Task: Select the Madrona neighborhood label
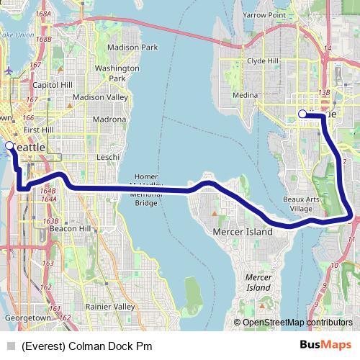[x=109, y=120]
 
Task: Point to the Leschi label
[x=108, y=156]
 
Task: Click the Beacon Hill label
[x=69, y=228]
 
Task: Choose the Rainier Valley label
[x=110, y=306]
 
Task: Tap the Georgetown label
[x=27, y=318]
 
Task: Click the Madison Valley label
[x=99, y=97]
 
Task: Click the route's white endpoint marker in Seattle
[x=9, y=145]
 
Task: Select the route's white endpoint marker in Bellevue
[x=302, y=114]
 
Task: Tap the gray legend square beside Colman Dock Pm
[x=11, y=346]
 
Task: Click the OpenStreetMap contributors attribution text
[x=297, y=323]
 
